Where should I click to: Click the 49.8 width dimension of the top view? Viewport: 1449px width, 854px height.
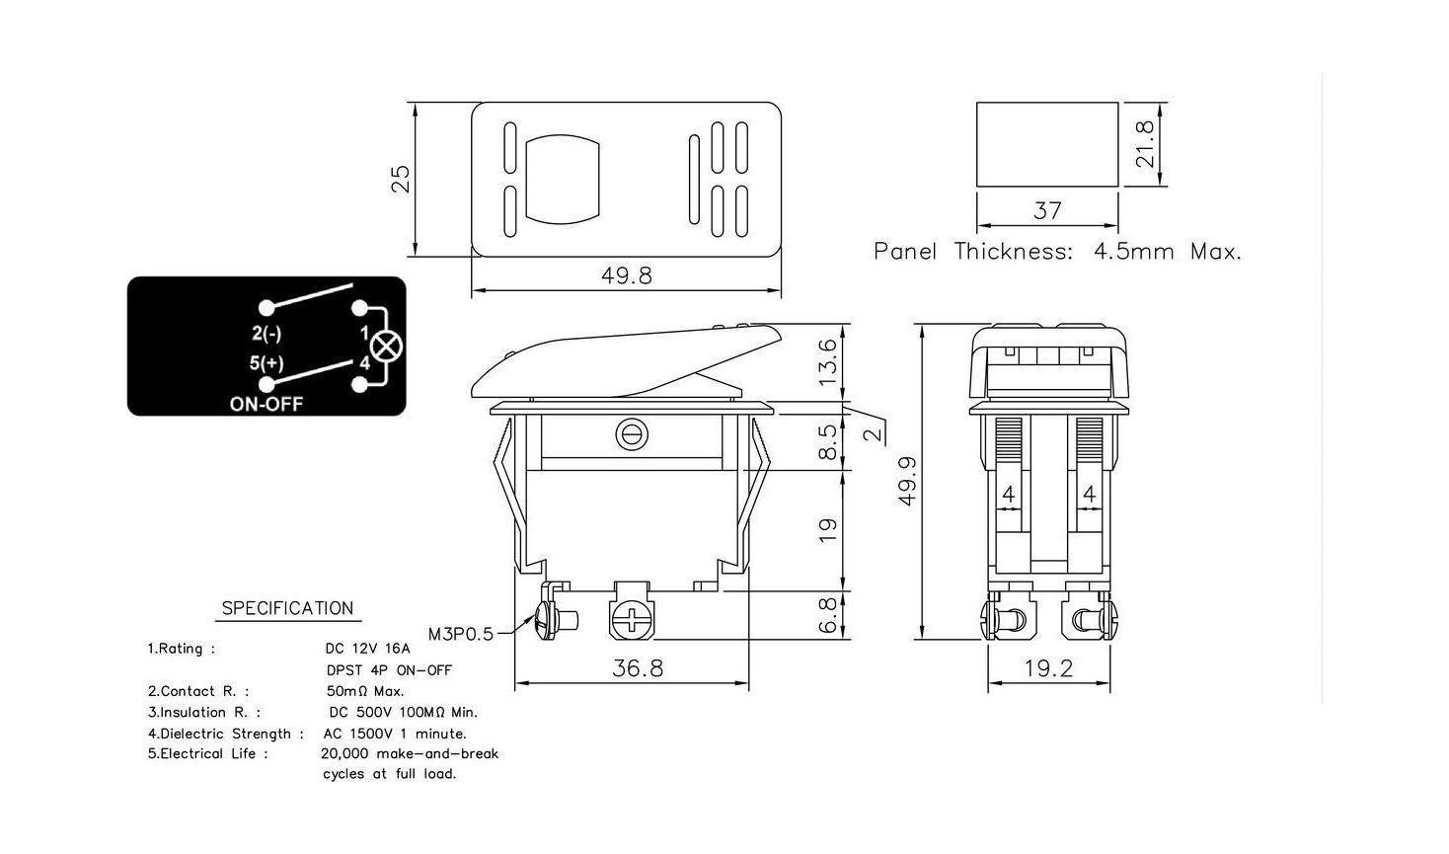[x=627, y=275]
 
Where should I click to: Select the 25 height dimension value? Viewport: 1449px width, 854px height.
[x=401, y=179]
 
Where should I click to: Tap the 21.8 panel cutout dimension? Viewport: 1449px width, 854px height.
[x=1145, y=144]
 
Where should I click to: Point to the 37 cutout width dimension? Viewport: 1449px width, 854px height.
[x=1047, y=210]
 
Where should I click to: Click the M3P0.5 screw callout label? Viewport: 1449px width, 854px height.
[x=461, y=634]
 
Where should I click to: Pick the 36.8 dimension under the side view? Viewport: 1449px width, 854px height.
[x=638, y=668]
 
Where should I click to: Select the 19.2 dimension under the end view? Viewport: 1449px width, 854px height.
[x=1048, y=668]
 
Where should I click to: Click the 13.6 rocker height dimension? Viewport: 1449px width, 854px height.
[x=828, y=361]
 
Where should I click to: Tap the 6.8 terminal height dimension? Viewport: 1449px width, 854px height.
[x=828, y=614]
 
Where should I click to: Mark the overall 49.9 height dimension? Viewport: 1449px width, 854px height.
[x=908, y=481]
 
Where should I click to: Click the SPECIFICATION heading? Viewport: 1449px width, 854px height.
[x=287, y=608]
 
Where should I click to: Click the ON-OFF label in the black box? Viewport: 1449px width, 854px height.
[x=267, y=404]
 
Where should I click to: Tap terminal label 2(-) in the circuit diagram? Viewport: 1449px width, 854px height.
[x=267, y=333]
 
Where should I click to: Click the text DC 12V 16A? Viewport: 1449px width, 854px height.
[x=367, y=650]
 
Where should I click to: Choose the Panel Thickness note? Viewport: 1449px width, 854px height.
[x=1057, y=252]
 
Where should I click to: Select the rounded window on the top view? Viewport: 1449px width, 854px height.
[x=564, y=178]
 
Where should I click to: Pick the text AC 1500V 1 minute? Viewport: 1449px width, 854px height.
[x=395, y=734]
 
